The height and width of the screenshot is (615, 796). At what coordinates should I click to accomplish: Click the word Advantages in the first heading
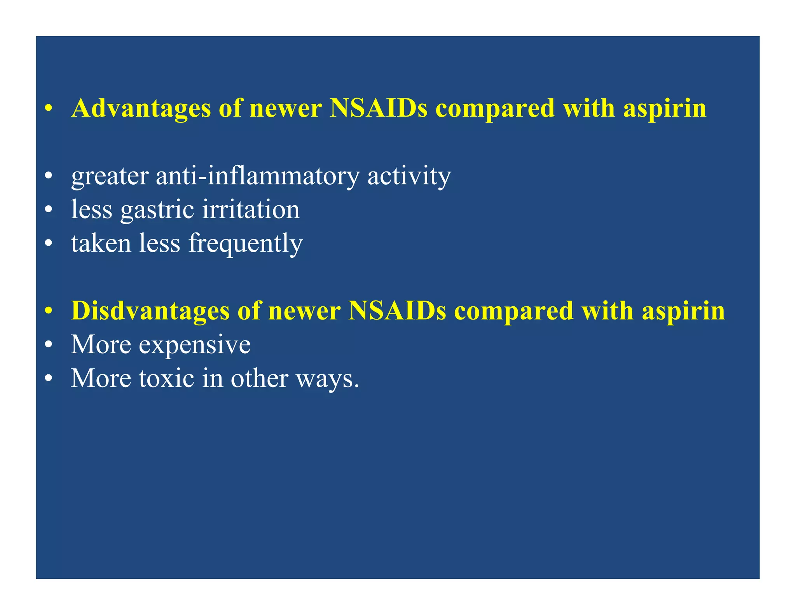point(141,108)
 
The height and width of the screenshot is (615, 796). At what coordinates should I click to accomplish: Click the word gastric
point(157,210)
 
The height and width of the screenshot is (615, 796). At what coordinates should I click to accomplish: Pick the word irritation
point(251,210)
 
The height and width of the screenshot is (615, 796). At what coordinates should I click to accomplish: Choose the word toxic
point(166,378)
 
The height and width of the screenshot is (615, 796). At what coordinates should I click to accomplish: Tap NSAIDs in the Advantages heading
point(378,108)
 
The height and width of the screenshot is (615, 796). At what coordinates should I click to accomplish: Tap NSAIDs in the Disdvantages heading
point(397,311)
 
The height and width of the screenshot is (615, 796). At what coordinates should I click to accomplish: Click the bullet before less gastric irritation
point(48,210)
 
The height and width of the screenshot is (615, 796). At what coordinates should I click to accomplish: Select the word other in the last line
point(259,378)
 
